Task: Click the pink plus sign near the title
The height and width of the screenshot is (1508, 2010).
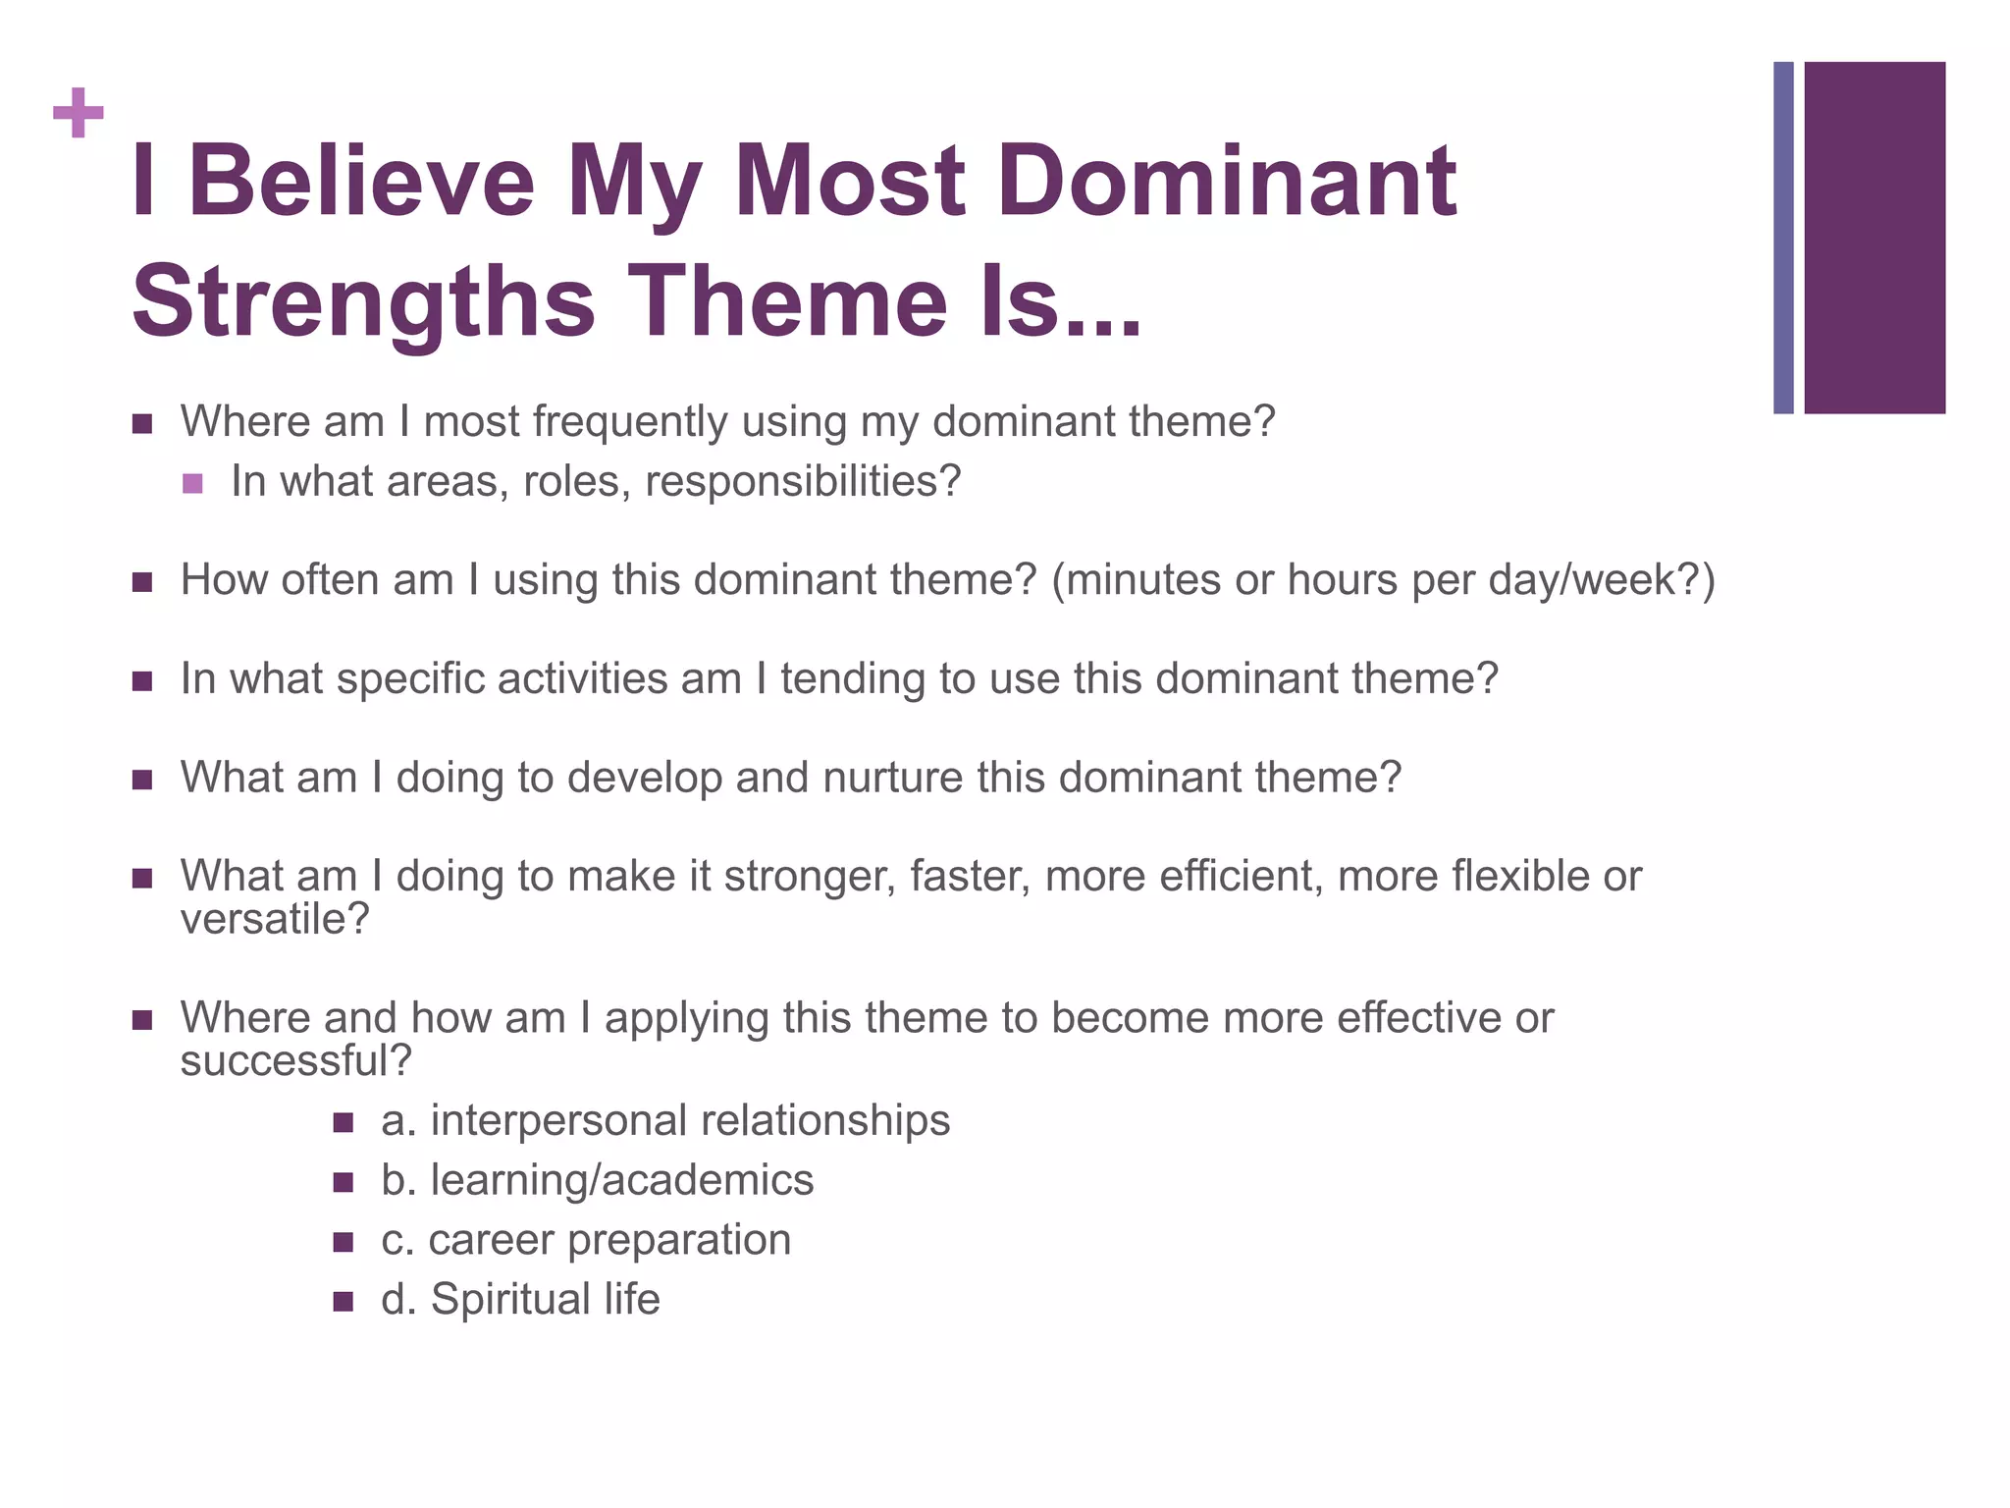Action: pos(79,113)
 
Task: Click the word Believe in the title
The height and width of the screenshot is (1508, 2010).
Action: pos(361,182)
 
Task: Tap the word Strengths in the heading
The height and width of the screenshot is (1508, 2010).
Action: pos(363,301)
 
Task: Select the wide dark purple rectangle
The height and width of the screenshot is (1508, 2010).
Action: pos(1874,238)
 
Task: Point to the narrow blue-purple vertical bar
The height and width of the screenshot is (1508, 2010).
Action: pos(1783,238)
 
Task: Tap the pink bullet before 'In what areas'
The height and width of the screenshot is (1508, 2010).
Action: pos(192,483)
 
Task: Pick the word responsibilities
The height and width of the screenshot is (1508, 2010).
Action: pos(803,481)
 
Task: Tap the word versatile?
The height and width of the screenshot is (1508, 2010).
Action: pos(275,919)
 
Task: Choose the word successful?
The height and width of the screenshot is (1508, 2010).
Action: pos(295,1060)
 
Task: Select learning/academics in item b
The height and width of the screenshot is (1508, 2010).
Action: pos(622,1180)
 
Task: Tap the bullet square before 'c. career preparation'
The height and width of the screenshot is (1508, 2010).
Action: pos(343,1242)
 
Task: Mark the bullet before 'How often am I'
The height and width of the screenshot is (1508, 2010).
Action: pos(142,582)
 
